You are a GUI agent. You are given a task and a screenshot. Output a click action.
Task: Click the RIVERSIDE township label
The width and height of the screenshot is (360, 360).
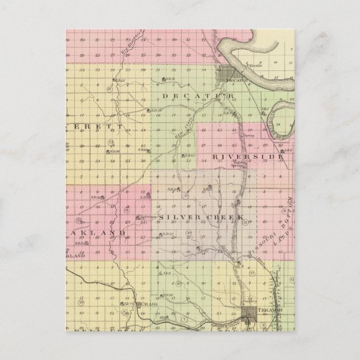tap(247, 158)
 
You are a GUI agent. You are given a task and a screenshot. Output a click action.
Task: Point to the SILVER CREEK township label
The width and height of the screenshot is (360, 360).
tap(202, 216)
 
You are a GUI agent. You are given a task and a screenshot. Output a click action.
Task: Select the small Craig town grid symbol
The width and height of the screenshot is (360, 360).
tap(138, 304)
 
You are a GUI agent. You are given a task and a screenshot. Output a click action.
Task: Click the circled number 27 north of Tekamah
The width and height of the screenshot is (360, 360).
tap(252, 272)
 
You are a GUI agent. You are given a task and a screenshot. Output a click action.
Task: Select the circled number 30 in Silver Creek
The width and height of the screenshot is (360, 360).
tap(189, 233)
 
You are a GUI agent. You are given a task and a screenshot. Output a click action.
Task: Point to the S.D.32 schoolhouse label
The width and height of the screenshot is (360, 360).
tap(169, 79)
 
